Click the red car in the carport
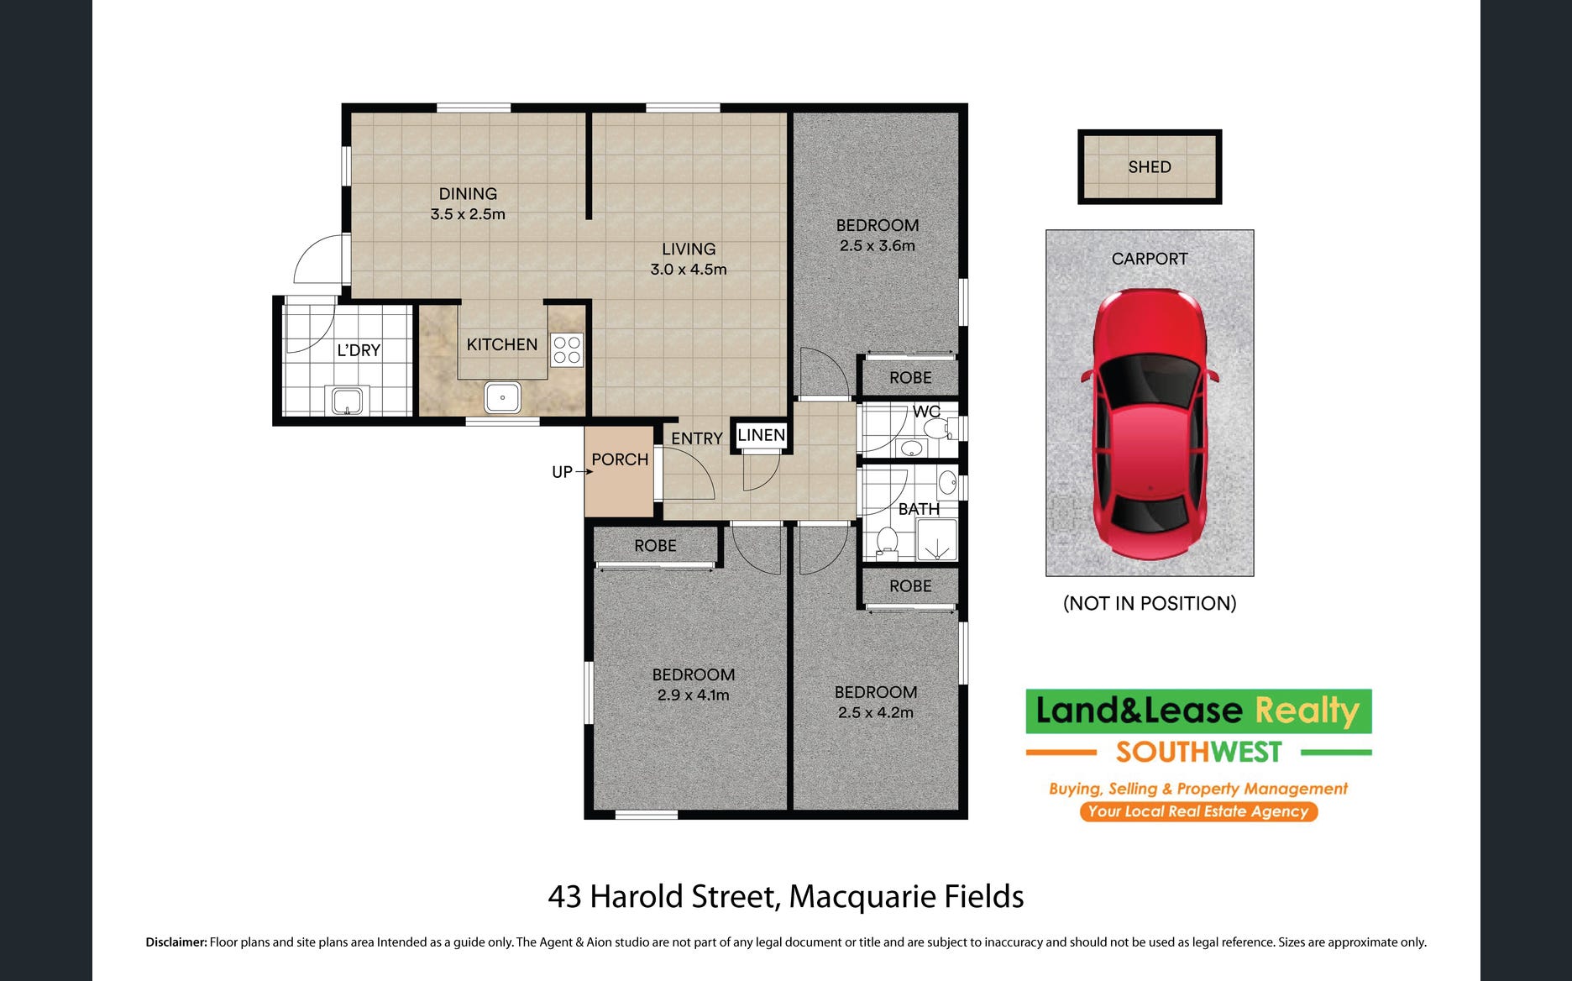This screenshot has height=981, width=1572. tap(1150, 424)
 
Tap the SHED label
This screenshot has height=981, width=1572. tap(1150, 167)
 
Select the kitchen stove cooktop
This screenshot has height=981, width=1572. tap(567, 350)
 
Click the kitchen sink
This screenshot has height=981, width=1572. tap(502, 396)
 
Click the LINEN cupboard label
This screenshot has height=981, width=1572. tap(762, 435)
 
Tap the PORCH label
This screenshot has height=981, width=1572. tap(620, 459)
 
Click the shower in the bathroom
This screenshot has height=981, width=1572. tap(936, 540)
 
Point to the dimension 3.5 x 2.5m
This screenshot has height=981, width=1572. tap(468, 214)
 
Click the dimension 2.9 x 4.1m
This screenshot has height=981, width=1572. tap(694, 695)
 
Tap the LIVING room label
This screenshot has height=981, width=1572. tap(689, 249)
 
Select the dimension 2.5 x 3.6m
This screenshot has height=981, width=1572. tap(878, 246)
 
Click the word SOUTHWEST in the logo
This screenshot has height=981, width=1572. tap(1199, 752)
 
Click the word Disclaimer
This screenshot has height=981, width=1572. tap(176, 942)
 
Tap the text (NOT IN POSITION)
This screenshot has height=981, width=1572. tap(1150, 603)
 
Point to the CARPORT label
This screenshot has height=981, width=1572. tap(1150, 259)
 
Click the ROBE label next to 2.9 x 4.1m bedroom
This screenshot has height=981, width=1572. tap(655, 546)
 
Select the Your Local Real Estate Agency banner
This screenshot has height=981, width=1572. tap(1198, 811)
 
